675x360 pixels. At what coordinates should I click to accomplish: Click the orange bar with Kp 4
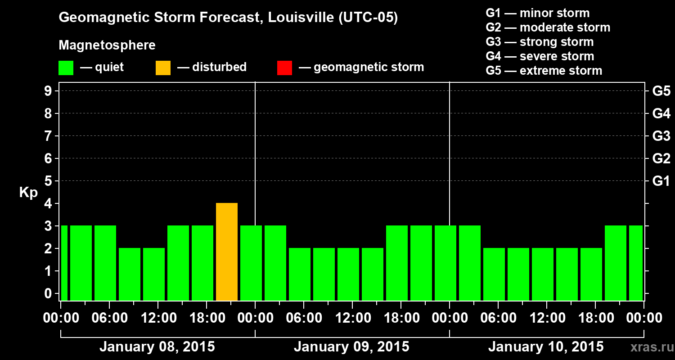[227, 252]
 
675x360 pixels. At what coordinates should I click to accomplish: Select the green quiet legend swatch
[66, 67]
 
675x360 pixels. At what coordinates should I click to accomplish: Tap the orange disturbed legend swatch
[163, 67]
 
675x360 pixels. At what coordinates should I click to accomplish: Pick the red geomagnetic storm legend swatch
[284, 67]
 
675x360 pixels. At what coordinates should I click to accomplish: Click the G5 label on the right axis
[661, 91]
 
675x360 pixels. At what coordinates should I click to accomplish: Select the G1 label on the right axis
[661, 181]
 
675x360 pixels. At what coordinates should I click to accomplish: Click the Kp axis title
[28, 193]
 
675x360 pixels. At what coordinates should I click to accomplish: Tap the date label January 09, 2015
[351, 347]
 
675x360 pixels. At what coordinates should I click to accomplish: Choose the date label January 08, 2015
[157, 347]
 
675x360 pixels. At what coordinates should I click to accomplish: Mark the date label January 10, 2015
[546, 347]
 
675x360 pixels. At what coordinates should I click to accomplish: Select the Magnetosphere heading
[107, 45]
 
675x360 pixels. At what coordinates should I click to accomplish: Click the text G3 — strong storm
[540, 42]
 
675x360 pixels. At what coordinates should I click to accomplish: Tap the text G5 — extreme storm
[544, 71]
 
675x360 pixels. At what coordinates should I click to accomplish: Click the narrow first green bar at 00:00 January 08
[64, 263]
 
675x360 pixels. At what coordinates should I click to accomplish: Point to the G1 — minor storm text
[537, 13]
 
